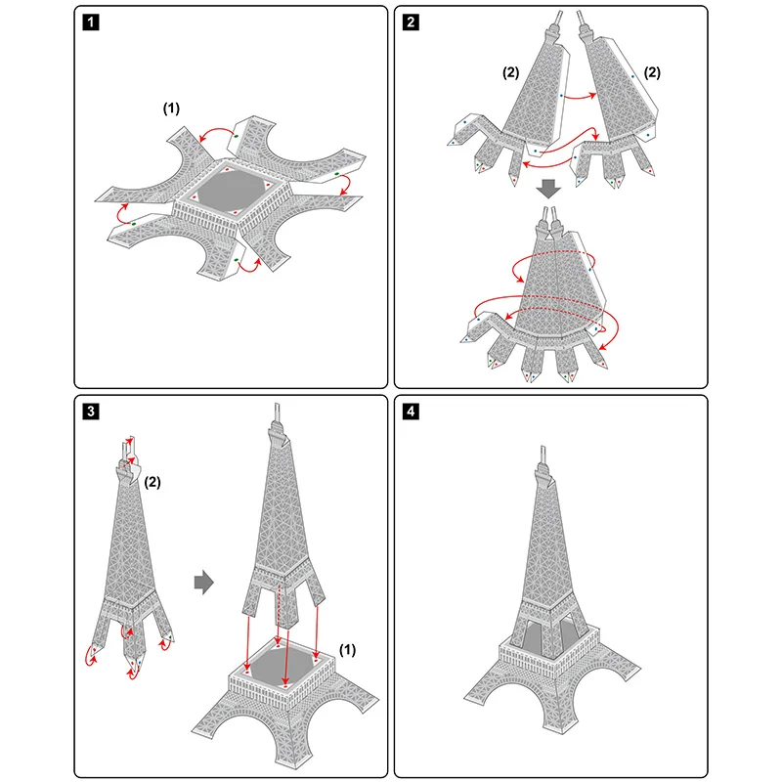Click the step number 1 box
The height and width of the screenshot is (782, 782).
coord(90,22)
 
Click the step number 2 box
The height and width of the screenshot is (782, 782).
coord(410,22)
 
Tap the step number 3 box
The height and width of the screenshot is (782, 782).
coord(90,411)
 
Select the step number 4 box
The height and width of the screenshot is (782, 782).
coord(410,411)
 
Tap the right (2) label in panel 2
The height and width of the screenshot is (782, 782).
coord(652,72)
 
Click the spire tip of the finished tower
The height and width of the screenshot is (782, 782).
coord(541,453)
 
